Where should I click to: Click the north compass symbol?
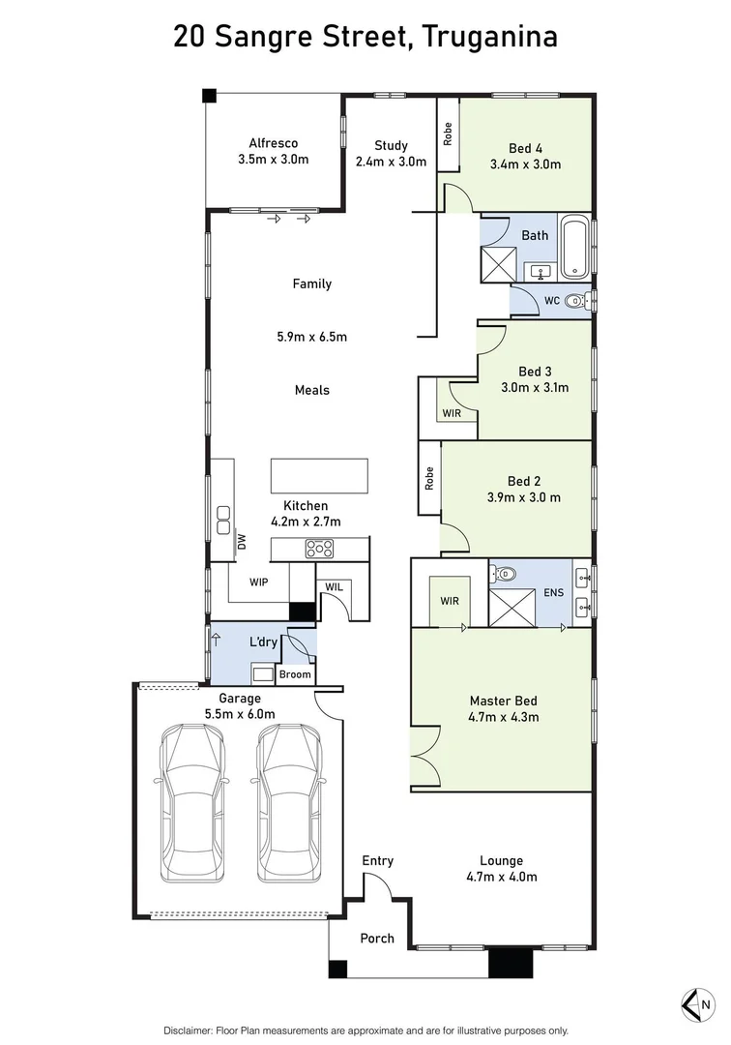pos(697,1004)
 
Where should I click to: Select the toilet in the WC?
pos(576,301)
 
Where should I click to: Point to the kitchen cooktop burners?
pos(319,549)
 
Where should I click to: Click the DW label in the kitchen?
pos(241,544)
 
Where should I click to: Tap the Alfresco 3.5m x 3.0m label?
pos(273,152)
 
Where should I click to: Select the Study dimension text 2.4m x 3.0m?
pos(391,162)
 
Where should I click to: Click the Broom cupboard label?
pos(295,674)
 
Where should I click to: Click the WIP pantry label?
pos(258,582)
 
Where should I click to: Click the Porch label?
pos(377,938)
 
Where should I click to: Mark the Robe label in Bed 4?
pos(448,134)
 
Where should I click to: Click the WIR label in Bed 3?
pos(452,413)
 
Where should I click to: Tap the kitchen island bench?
pos(319,476)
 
